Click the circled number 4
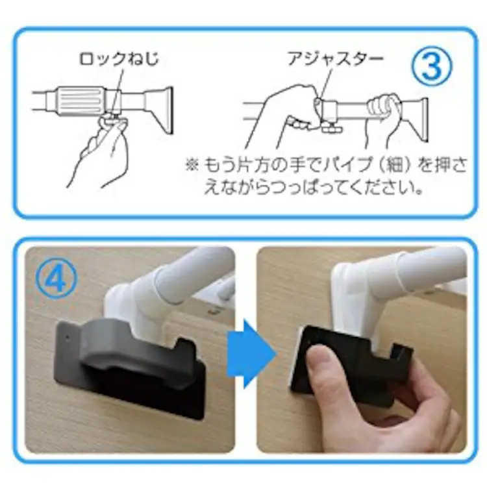point(56,279)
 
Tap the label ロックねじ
point(118,58)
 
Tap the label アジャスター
point(335,58)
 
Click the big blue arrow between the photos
point(251,354)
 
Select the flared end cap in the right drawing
point(416,119)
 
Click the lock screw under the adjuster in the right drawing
point(331,127)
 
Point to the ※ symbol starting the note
point(192,165)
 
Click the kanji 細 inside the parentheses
point(396,165)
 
